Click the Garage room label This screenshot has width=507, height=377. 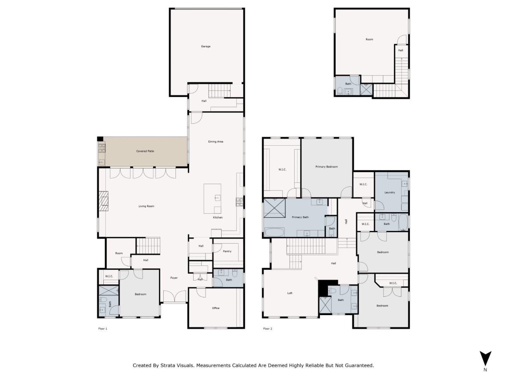[205, 47]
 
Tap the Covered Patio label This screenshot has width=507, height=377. [145, 151]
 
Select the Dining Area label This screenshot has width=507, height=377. [215, 142]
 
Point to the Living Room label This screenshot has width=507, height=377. [146, 206]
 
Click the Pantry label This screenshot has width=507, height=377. [227, 251]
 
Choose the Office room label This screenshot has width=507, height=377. [215, 308]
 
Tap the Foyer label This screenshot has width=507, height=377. [174, 278]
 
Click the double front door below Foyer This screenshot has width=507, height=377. [174, 297]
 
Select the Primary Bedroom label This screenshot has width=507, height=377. [326, 167]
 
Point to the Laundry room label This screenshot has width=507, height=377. [389, 193]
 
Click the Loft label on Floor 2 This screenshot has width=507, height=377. [290, 293]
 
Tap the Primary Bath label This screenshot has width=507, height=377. [300, 218]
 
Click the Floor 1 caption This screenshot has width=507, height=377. [103, 329]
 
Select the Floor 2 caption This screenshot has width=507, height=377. [267, 329]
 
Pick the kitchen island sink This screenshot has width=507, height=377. [217, 198]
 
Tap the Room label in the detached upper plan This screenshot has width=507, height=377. [369, 40]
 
